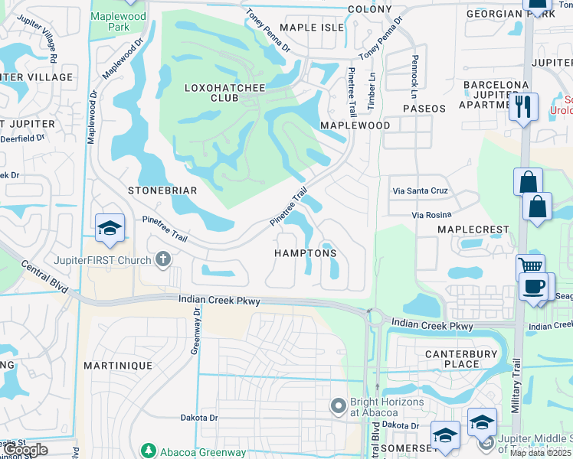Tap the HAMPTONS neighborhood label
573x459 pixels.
pos(306,253)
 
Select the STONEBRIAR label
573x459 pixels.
pos(162,190)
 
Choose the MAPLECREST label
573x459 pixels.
pos(473,229)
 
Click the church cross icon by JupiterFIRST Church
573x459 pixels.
pos(162,260)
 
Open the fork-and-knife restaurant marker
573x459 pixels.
pos(524,107)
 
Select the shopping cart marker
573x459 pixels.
pos(529,266)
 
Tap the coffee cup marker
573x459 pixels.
pos(534,287)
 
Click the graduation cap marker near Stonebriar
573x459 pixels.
pos(110,228)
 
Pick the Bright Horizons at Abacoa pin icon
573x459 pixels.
pos(339,405)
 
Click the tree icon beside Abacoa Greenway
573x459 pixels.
pos(148,451)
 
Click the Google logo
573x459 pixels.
pos(25,450)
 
